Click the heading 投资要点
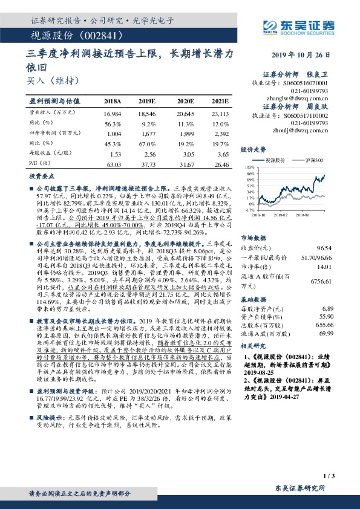tap(42, 176)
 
